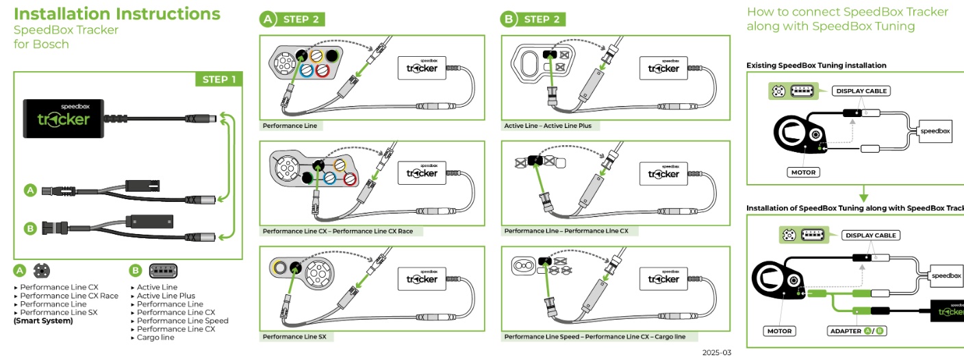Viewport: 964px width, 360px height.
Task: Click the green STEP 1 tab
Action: point(219,79)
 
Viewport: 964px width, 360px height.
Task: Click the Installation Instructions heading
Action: point(117,14)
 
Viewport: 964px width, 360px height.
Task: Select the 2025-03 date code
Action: point(717,352)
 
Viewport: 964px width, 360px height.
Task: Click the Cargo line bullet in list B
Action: point(155,337)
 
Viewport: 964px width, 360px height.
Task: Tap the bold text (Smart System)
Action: point(42,320)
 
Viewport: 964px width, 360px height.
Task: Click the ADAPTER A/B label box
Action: point(856,331)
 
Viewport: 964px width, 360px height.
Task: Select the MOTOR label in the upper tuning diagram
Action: point(803,172)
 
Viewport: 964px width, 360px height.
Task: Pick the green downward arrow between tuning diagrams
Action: point(863,193)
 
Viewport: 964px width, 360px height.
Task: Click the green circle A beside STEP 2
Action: point(268,19)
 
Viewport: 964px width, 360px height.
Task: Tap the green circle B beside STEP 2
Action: point(509,19)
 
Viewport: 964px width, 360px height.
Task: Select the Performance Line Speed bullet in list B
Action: point(183,320)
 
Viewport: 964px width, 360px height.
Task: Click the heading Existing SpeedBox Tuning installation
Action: point(816,65)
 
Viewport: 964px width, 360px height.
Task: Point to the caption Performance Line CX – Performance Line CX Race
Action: point(338,231)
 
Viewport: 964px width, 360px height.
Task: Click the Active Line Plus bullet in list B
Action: point(166,296)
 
